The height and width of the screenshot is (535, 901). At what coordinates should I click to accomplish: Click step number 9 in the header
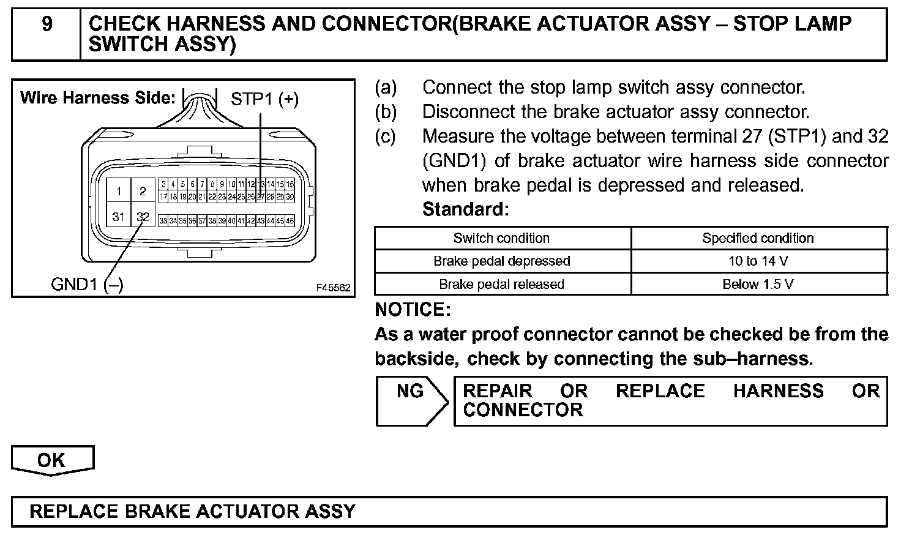pyautogui.click(x=47, y=24)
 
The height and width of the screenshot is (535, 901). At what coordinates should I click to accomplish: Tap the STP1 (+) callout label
pyautogui.click(x=264, y=99)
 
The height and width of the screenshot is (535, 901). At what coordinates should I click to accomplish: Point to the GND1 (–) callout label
pyautogui.click(x=87, y=285)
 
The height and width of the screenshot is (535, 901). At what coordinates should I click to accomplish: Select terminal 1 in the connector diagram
pyautogui.click(x=119, y=191)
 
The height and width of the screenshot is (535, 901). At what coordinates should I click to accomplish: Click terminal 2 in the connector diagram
pyautogui.click(x=143, y=191)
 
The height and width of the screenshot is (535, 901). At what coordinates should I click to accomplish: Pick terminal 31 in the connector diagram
pyautogui.click(x=119, y=217)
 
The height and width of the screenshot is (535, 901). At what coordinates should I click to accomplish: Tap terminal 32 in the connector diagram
pyautogui.click(x=143, y=217)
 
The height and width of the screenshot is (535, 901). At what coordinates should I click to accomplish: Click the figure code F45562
pyautogui.click(x=334, y=288)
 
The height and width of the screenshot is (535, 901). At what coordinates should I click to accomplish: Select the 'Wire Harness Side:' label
pyautogui.click(x=98, y=98)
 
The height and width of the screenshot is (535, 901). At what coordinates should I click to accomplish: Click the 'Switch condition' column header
pyautogui.click(x=501, y=238)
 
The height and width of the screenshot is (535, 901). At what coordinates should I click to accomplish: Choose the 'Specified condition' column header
pyautogui.click(x=758, y=238)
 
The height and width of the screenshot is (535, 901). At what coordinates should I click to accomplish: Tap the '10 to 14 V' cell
pyautogui.click(x=758, y=261)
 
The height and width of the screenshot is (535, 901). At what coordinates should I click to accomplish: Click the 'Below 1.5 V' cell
pyautogui.click(x=758, y=284)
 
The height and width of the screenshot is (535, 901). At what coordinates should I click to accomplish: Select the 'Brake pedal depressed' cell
pyautogui.click(x=501, y=261)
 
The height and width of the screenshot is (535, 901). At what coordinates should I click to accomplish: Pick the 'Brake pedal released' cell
pyautogui.click(x=501, y=284)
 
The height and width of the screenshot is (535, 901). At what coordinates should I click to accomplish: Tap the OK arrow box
pyautogui.click(x=52, y=460)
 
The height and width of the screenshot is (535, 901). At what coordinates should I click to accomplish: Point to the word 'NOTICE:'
pyautogui.click(x=413, y=310)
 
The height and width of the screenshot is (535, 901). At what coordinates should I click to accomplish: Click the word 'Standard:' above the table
pyautogui.click(x=465, y=209)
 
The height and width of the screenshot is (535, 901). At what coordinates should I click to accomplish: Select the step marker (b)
pyautogui.click(x=386, y=112)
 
